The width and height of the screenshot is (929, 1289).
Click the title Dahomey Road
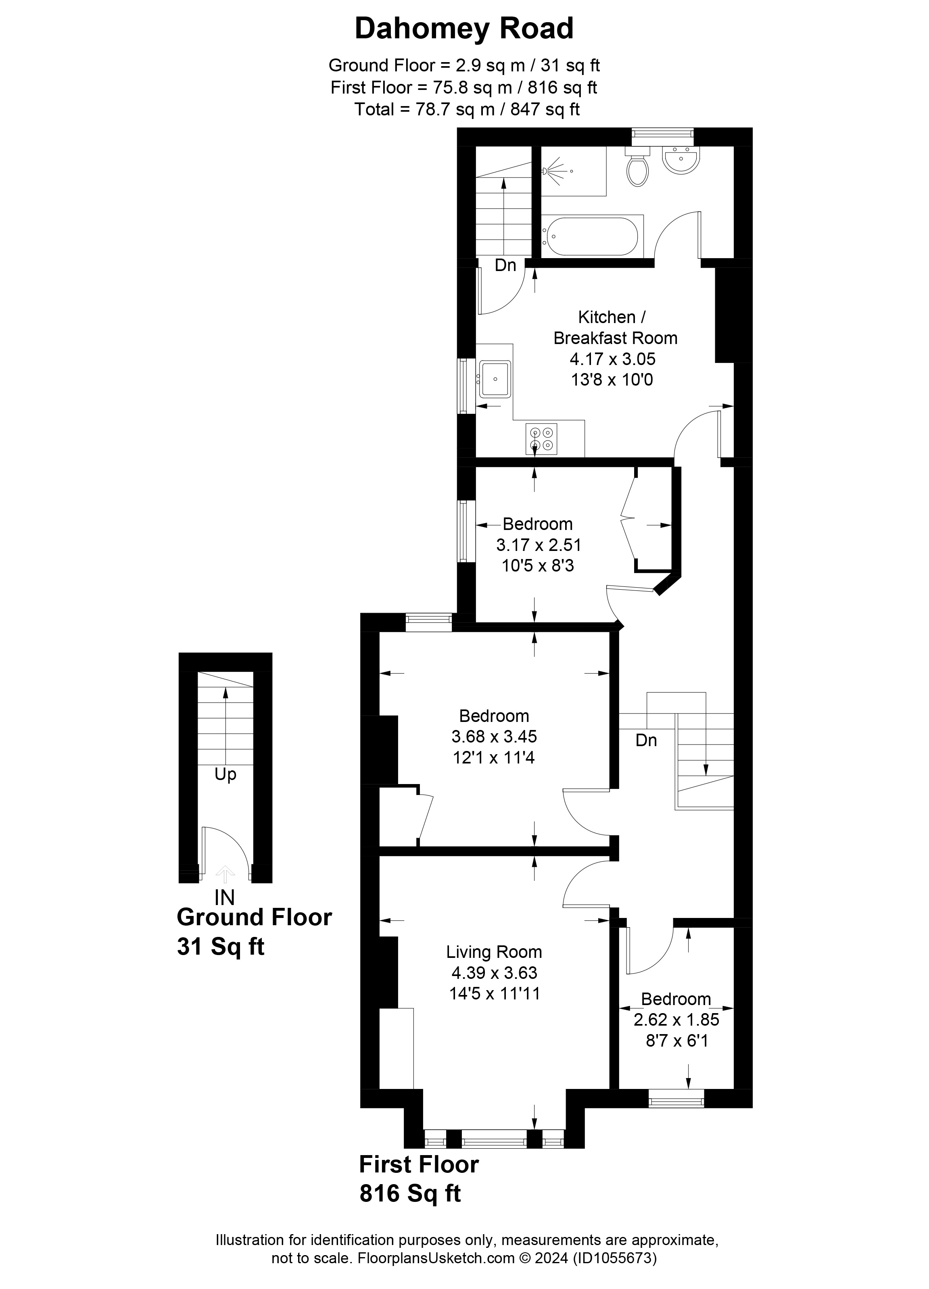(x=464, y=28)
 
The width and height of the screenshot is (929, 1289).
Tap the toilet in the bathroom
(x=637, y=169)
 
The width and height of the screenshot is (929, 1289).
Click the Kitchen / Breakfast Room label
(x=615, y=327)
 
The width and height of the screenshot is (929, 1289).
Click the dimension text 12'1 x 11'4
(x=493, y=757)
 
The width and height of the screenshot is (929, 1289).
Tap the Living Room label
(x=493, y=951)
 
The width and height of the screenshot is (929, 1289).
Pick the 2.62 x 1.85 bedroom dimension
(x=676, y=1020)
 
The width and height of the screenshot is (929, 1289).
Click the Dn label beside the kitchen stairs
(x=505, y=265)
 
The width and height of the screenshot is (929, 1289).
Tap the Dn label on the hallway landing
(x=646, y=740)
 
